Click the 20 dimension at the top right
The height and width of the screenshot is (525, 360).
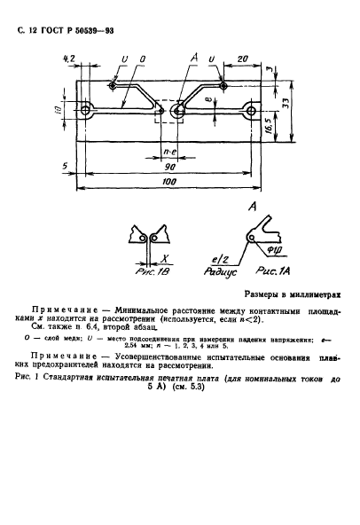pyautogui.click(x=241, y=59)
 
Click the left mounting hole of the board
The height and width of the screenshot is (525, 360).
pyautogui.click(x=86, y=111)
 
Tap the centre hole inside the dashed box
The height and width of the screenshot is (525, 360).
pyautogui.click(x=179, y=111)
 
